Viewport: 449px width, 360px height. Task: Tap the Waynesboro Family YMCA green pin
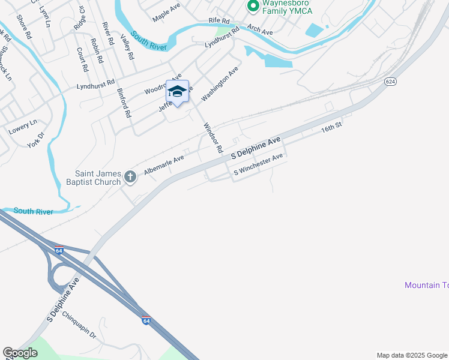253,7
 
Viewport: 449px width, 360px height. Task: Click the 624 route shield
390,81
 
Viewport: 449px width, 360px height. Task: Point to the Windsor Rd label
213,137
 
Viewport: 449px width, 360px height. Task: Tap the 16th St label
331,128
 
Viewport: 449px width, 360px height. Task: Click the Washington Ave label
220,83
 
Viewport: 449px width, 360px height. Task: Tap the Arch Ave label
260,29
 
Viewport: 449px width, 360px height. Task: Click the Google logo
20,353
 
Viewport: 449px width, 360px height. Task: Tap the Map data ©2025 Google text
411,355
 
